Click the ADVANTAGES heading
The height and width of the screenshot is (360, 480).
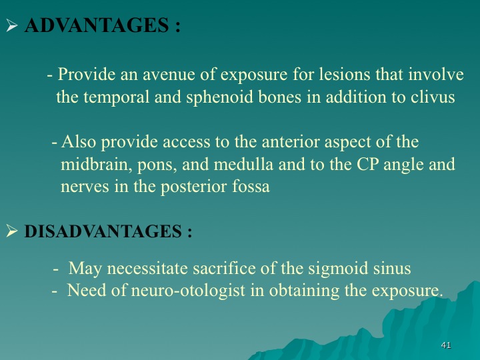102,25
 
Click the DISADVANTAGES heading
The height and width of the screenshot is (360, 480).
108,231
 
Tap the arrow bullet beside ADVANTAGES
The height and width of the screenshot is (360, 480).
11,25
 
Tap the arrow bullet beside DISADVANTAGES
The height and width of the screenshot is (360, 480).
11,231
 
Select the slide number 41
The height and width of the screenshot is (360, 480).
446,345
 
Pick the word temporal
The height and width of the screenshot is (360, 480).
116,97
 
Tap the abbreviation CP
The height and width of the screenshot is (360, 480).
367,164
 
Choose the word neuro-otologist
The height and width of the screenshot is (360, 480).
188,290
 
